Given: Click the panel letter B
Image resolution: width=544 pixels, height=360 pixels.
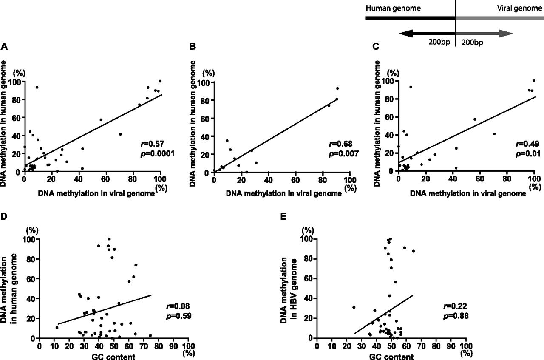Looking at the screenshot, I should coord(193,46).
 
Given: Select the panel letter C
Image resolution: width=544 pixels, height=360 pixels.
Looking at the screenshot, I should coord(376,46).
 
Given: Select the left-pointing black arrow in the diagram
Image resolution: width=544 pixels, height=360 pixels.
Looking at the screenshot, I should coord(427,34).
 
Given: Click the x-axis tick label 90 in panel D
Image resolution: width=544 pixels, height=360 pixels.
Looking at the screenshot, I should coord(173,346).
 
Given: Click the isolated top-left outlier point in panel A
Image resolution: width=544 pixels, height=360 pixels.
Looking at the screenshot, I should coord(37,87).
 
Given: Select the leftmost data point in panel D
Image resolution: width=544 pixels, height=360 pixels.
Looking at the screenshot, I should coord(57,327).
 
